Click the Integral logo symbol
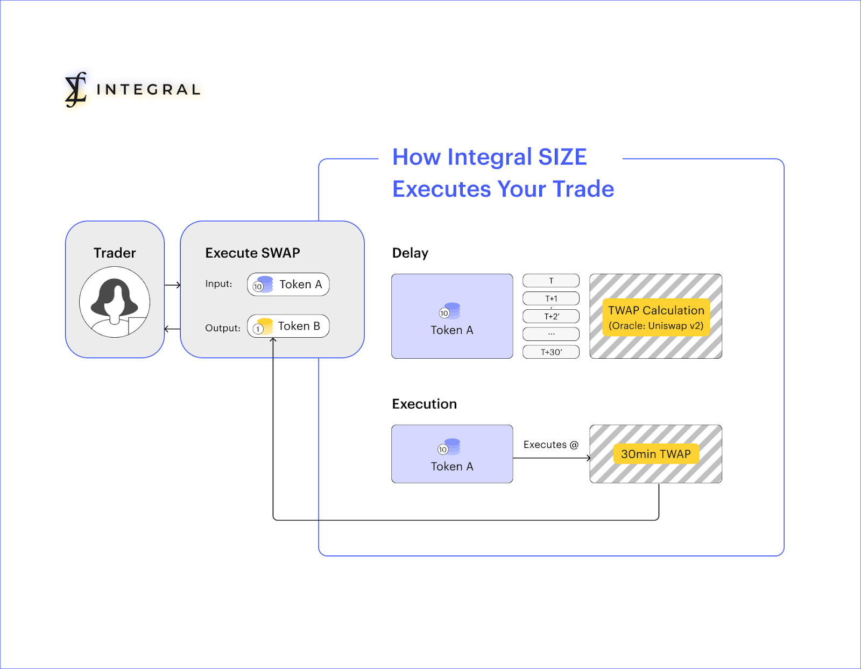[75, 89]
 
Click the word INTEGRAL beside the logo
[149, 89]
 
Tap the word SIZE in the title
[562, 156]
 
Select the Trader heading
[115, 253]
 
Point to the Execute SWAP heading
[252, 253]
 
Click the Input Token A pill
[288, 284]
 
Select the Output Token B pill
[288, 326]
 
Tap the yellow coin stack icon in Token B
[264, 326]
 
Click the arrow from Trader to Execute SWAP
[172, 284]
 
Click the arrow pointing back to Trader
[172, 329]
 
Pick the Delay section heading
[410, 253]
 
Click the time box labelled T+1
[551, 298]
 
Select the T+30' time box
[551, 352]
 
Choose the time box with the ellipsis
[551, 334]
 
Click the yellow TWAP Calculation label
[656, 317]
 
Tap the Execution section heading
[425, 404]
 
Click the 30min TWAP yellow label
[656, 454]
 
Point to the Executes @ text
[551, 445]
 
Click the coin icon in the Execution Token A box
[449, 447]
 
